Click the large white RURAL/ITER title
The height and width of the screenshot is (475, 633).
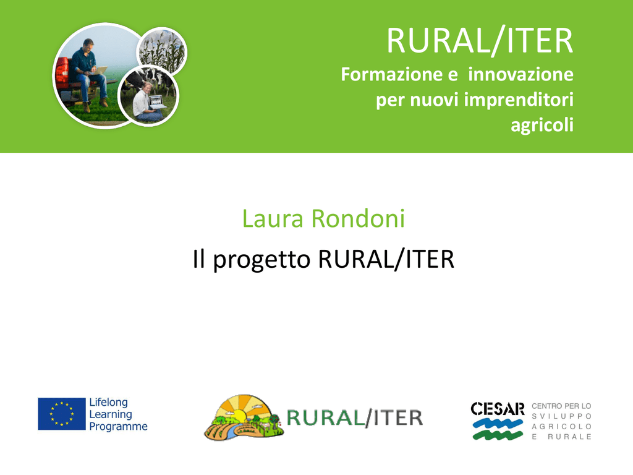point(480,40)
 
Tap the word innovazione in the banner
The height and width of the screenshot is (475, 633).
point(520,74)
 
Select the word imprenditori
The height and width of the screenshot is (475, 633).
point(519,100)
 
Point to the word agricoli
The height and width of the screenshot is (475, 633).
point(542,125)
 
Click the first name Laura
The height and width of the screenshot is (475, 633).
point(273,218)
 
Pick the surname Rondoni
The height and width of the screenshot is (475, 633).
point(358,218)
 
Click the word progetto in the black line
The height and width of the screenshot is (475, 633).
point(261,260)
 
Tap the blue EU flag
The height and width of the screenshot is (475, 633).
point(62,414)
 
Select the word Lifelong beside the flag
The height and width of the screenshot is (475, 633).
point(109,402)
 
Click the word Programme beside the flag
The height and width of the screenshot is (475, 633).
point(118,427)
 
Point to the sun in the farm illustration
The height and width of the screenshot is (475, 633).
point(239,416)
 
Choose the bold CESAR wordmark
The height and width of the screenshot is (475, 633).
point(498,409)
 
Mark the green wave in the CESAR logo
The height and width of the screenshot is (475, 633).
point(498,435)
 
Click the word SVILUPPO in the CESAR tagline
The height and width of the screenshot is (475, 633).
point(561,416)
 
